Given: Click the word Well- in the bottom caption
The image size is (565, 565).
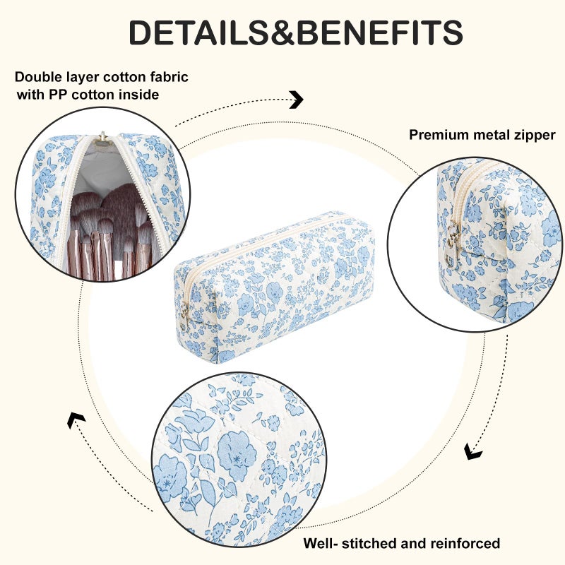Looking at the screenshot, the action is click(321, 543).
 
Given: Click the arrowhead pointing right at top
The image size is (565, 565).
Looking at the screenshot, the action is click(297, 100).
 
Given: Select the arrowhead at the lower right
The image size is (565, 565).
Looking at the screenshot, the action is click(472, 451).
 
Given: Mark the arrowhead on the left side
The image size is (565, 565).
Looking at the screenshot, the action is click(76, 420).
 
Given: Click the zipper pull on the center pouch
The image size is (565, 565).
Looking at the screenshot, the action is click(184, 316).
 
